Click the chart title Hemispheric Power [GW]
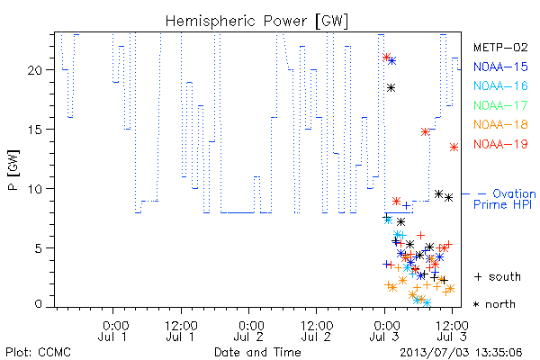point(256,22)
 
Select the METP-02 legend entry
point(500,47)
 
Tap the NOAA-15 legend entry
point(500,67)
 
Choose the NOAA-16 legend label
point(500,85)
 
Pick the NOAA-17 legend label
point(500,105)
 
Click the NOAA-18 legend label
point(500,124)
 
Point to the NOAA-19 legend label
point(500,144)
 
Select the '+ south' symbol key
point(498,276)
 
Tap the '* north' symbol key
point(494,304)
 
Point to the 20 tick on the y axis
point(34,70)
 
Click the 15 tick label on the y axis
point(34,130)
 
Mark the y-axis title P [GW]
point(13,169)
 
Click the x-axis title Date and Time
point(257,352)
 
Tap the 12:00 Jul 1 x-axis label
point(181,331)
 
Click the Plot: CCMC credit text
point(38,353)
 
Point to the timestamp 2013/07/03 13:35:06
point(461,353)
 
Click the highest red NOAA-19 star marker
point(386,57)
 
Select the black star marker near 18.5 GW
point(391,88)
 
